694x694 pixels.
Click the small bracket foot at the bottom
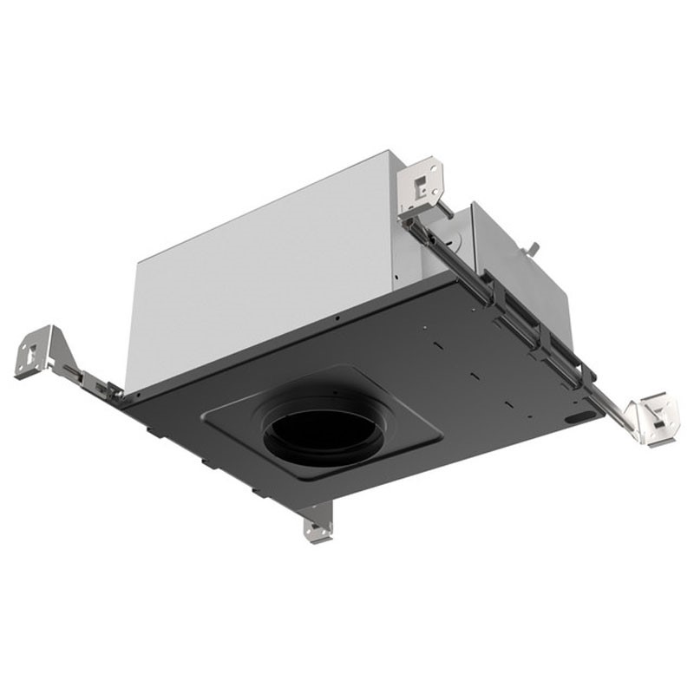318,525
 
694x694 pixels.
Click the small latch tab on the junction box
532,251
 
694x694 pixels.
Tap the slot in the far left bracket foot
31,354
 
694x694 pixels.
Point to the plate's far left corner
121,401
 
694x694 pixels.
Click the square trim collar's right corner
440,430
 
